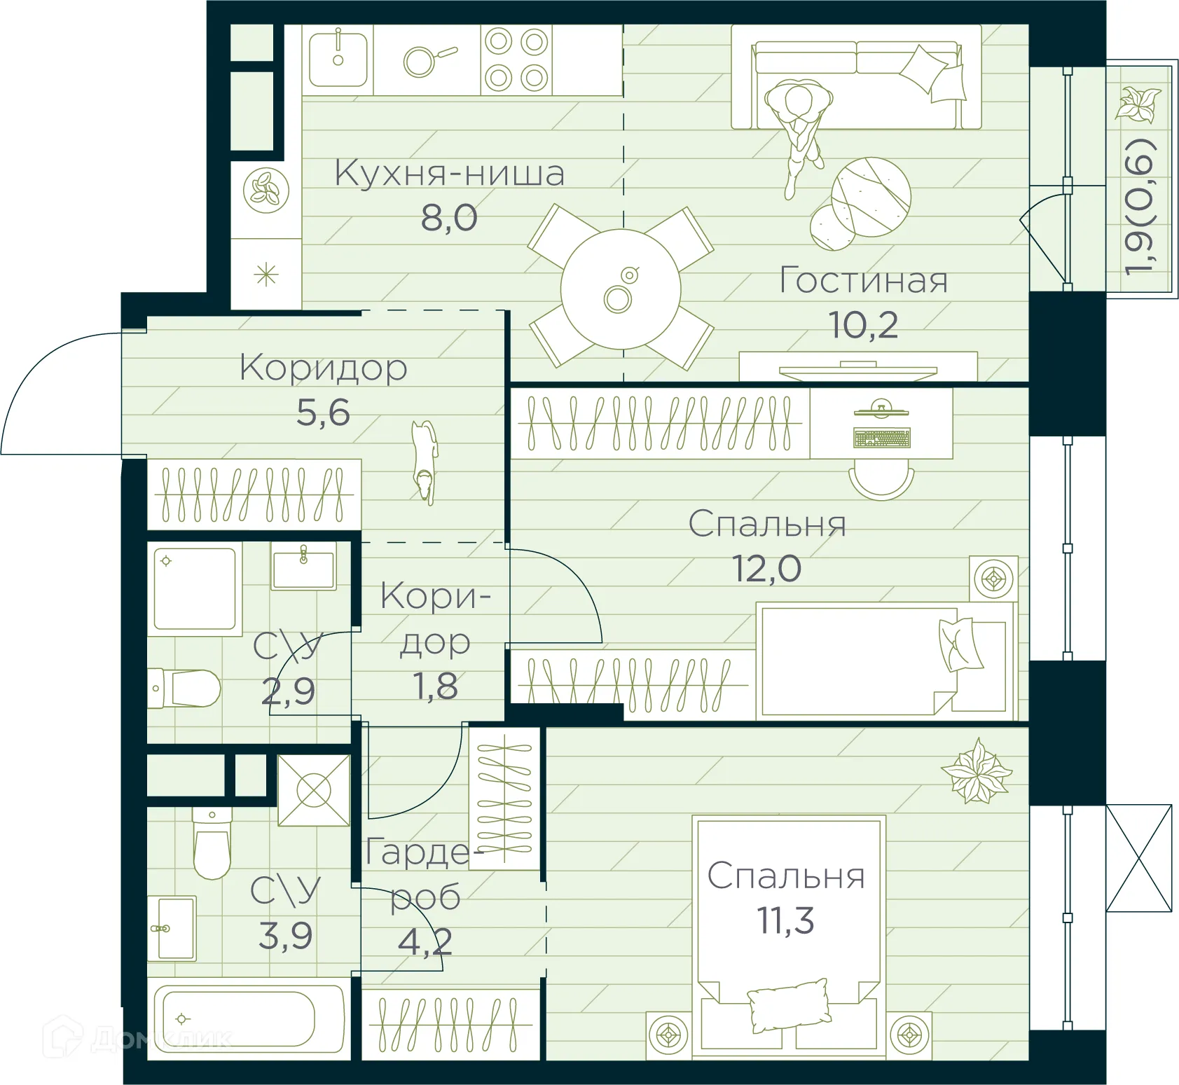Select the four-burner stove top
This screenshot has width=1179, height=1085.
[x=516, y=60]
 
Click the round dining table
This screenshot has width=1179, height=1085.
[x=621, y=289]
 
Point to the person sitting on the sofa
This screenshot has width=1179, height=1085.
[x=799, y=126]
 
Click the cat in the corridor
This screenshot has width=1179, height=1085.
[x=425, y=461]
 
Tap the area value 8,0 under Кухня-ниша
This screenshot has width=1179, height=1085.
[x=449, y=218]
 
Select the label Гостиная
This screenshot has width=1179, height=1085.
[x=864, y=280]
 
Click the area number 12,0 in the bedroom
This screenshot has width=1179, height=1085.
[x=766, y=568]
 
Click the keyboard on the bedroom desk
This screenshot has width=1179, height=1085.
[x=882, y=438]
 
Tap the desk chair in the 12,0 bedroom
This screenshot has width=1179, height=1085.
[x=881, y=482]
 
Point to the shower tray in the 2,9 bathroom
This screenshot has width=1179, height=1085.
[x=195, y=588]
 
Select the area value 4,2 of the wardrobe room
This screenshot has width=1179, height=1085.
[x=425, y=942]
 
